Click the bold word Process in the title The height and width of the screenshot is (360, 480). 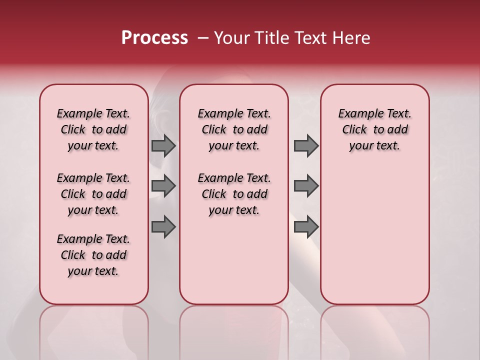tap(154, 38)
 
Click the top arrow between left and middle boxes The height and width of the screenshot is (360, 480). tap(163, 146)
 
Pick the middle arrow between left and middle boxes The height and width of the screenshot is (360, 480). tap(163, 186)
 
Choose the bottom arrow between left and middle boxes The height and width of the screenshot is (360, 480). tap(163, 226)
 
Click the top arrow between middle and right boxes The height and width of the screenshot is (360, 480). tap(306, 146)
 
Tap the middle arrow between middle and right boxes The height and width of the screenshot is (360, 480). tap(306, 186)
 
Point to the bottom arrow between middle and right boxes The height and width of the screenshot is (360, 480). tap(306, 226)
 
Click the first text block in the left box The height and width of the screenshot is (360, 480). tap(93, 129)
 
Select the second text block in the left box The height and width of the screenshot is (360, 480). tap(93, 194)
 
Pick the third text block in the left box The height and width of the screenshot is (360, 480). tap(93, 255)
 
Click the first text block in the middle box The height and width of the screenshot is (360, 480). tap(234, 129)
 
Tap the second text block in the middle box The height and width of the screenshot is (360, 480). tap(234, 194)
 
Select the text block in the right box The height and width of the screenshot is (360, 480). tap(374, 129)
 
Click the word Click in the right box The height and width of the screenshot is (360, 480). tap(354, 129)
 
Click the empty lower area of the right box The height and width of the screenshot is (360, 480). tap(374, 235)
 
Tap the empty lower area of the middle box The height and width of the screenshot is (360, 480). tap(234, 260)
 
